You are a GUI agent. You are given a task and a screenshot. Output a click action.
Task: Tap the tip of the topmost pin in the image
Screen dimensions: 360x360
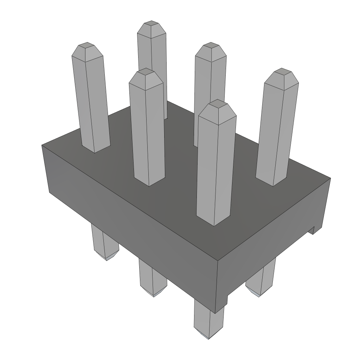pos(152,24)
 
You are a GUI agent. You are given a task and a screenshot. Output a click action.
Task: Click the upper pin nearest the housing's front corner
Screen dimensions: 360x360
pos(214,165)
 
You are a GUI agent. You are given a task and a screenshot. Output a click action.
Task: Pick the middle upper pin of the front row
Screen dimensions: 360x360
pos(147,127)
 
